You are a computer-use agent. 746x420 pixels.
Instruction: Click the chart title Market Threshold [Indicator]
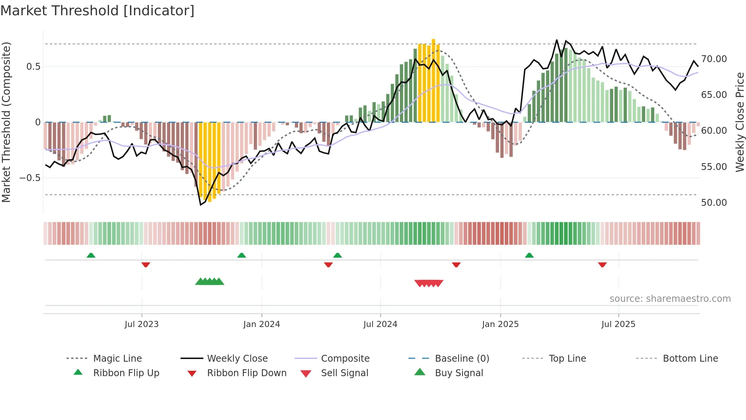[x=97, y=10]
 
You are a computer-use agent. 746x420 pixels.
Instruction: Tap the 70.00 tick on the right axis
[x=714, y=59]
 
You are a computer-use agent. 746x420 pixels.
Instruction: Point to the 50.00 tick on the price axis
[x=714, y=203]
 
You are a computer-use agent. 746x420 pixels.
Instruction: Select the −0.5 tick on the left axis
[x=30, y=178]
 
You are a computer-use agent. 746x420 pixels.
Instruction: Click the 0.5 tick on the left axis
[x=33, y=67]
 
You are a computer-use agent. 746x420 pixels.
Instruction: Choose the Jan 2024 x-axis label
[x=261, y=324]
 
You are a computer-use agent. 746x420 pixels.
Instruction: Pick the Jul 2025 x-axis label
[x=618, y=324]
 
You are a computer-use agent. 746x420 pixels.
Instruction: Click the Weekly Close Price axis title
[x=739, y=122]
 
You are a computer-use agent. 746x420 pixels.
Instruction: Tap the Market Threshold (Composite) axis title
[x=6, y=122]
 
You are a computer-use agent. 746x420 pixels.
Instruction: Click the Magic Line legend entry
[x=117, y=359]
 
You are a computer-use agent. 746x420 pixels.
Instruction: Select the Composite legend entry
[x=345, y=359]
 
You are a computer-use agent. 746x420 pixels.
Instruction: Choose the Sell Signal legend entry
[x=344, y=373]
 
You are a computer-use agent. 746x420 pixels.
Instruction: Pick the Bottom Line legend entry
[x=690, y=359]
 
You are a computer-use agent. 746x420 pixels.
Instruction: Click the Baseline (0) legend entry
[x=462, y=359]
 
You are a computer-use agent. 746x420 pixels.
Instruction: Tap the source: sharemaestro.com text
[x=670, y=299]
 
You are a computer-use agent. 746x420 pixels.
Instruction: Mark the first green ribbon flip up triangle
[x=91, y=255]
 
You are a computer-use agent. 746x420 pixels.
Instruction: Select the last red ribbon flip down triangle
[x=602, y=265]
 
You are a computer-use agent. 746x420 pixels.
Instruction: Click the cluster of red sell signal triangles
[x=429, y=283]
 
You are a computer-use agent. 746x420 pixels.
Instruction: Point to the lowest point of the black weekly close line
[x=201, y=205]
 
